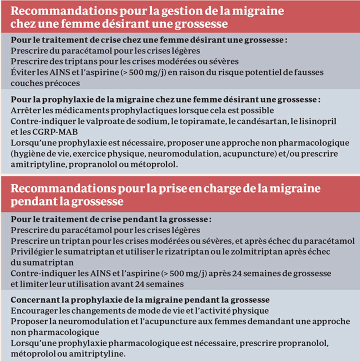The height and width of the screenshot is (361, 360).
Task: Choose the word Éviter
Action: pos(22,72)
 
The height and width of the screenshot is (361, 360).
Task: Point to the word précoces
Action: pos(61,83)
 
